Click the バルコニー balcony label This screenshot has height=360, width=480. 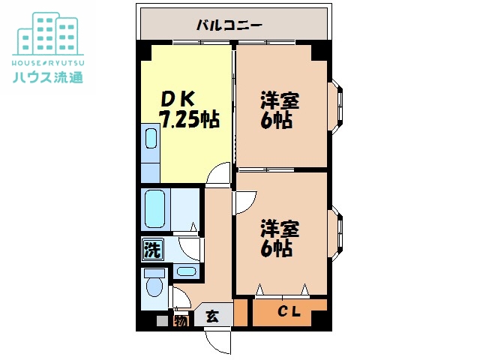click(x=229, y=25)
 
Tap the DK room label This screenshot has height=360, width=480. click(x=178, y=100)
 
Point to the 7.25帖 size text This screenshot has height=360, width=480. click(x=189, y=118)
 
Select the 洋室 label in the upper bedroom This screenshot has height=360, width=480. click(x=280, y=100)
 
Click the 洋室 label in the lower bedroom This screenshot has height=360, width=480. click(x=280, y=228)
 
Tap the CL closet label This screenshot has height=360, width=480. click(x=289, y=312)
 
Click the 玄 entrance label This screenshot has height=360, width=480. click(x=212, y=316)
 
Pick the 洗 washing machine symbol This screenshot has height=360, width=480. click(x=152, y=250)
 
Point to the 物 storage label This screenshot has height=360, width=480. click(x=181, y=321)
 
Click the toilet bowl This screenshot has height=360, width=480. click(x=154, y=286)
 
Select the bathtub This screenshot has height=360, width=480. click(x=155, y=209)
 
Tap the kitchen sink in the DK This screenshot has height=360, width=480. click(x=151, y=138)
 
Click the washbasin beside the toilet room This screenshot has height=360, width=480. click(x=187, y=271)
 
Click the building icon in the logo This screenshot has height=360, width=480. click(x=48, y=34)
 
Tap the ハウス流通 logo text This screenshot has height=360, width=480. click(x=48, y=77)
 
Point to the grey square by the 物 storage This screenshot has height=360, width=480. click(x=162, y=321)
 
